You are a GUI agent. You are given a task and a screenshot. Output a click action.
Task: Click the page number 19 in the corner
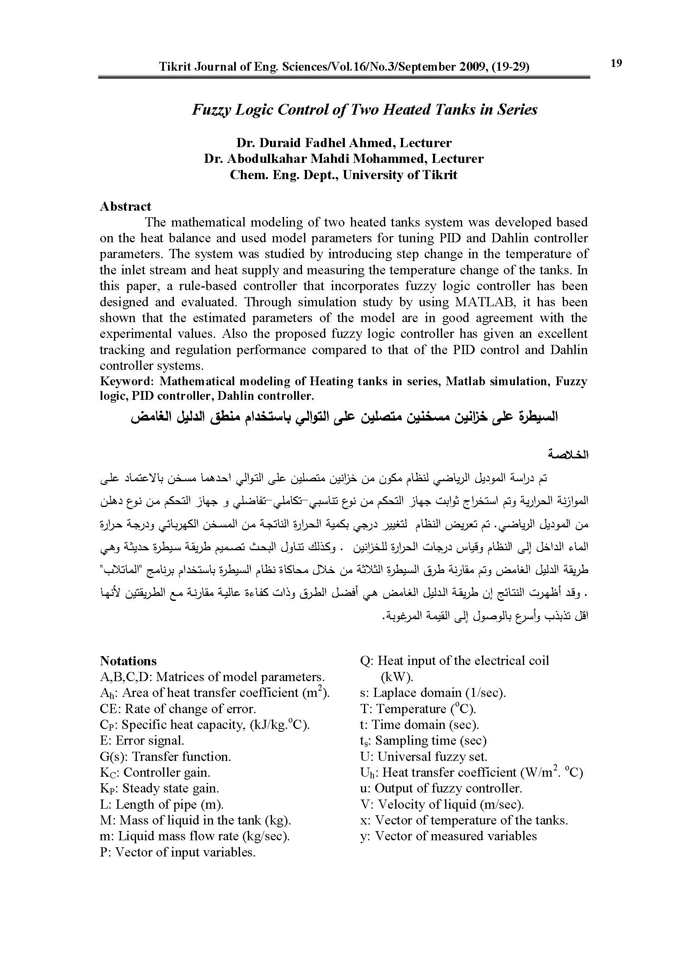tap(616, 64)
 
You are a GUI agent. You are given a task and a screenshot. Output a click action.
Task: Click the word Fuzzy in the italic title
tap(211, 110)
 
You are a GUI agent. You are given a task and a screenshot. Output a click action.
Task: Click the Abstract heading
tap(125, 207)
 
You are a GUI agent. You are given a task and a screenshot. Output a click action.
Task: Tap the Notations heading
tap(129, 661)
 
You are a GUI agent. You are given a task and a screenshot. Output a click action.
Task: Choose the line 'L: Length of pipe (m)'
tap(161, 805)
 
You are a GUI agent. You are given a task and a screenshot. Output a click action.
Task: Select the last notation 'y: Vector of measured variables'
tap(448, 836)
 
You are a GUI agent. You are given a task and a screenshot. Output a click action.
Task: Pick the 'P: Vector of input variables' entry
tap(178, 852)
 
